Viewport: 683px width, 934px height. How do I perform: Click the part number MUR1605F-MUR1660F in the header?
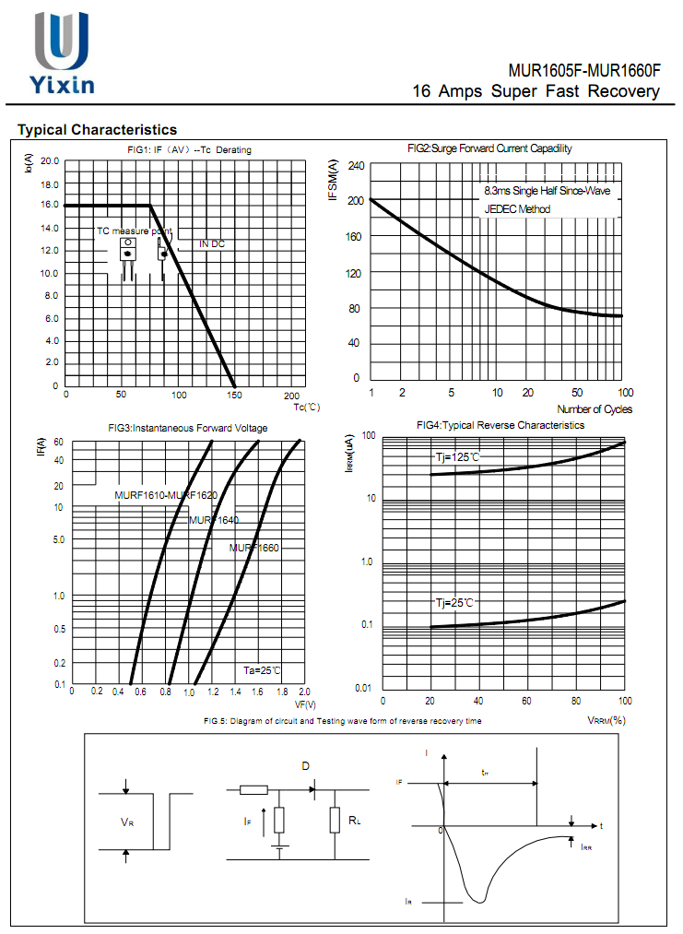[584, 71]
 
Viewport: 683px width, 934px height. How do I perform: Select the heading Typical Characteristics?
[97, 130]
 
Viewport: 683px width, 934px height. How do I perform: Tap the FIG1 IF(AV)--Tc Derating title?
[189, 149]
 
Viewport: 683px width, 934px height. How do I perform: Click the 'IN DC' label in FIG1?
[212, 244]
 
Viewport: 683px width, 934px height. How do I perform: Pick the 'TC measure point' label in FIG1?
[135, 231]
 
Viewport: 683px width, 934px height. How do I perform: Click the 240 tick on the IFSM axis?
[356, 166]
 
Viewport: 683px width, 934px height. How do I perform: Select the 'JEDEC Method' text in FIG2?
[517, 209]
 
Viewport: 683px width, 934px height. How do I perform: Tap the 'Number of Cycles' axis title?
[595, 409]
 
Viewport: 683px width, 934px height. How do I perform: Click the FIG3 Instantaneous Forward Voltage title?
[188, 428]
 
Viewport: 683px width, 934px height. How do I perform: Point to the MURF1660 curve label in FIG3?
[253, 549]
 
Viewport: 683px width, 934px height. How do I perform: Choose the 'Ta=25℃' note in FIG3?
[261, 670]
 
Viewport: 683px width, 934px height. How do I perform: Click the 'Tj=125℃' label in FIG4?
[458, 457]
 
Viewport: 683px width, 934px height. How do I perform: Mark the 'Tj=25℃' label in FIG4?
[454, 602]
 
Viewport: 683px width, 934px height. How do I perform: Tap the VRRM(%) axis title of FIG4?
[606, 720]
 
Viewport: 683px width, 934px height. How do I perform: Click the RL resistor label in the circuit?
[354, 819]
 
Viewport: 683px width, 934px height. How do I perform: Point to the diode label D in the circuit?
[306, 766]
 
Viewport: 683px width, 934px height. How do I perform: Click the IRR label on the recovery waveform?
[586, 846]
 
